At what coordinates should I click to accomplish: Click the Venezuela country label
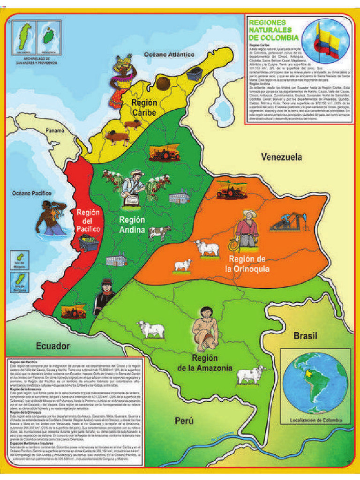click(x=281, y=157)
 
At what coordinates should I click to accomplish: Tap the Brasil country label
click(x=305, y=336)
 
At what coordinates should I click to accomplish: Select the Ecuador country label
click(x=53, y=346)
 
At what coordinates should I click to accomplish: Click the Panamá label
click(x=54, y=131)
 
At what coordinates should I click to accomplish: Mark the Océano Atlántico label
click(x=169, y=55)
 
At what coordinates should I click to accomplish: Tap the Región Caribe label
click(x=144, y=107)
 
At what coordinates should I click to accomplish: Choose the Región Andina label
click(x=132, y=225)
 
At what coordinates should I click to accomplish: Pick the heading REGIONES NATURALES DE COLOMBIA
click(x=273, y=30)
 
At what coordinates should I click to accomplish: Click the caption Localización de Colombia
click(x=314, y=420)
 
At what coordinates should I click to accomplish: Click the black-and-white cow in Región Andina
click(x=159, y=232)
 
